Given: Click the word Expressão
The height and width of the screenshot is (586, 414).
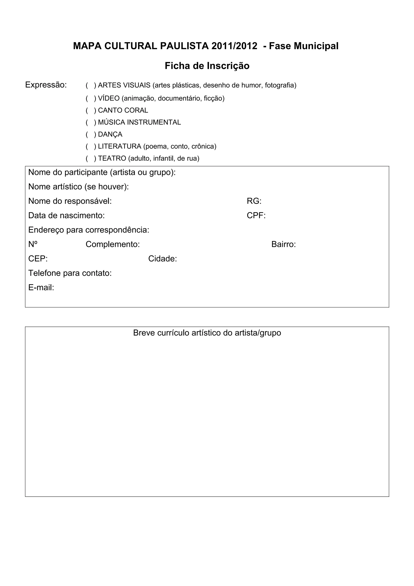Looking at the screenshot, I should (46, 85).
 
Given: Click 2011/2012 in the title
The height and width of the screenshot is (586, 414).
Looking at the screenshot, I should (234, 46).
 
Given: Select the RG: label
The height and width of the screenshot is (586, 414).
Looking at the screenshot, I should (254, 201).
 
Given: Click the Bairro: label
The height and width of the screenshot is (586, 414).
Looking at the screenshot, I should (283, 244).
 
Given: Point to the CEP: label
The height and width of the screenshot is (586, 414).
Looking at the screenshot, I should (38, 259).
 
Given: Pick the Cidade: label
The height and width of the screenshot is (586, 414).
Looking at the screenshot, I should (163, 259).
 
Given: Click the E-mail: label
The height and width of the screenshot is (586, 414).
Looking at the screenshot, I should (41, 288).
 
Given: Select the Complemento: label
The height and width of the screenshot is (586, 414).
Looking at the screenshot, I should (112, 244).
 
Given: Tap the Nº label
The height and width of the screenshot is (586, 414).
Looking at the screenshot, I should (33, 244).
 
